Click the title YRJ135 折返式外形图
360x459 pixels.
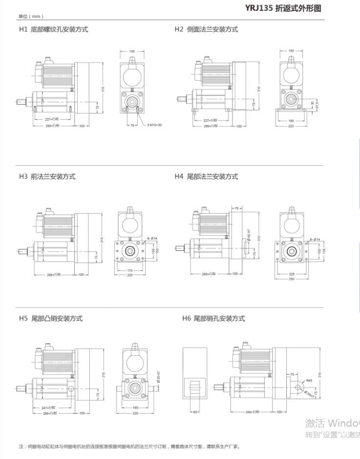coord(283,9)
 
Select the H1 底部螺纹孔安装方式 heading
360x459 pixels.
coord(54,29)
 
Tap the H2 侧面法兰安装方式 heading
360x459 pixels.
coord(206,29)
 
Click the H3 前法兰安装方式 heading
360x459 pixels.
coord(47,176)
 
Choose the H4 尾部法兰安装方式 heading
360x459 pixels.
coord(206,176)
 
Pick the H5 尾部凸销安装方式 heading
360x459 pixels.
coord(51,319)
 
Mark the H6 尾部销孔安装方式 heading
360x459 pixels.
coord(213,319)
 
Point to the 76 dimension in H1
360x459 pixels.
coord(133,126)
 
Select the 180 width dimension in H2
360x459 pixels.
coord(292,120)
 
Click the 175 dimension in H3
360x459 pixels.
coord(130,270)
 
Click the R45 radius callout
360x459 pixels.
coord(309,380)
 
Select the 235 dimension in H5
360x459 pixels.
coord(135,413)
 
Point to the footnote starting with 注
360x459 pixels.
coord(129,446)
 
